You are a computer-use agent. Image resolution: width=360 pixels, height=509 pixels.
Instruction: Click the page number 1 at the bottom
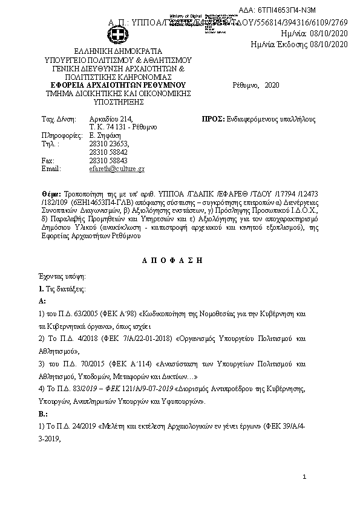pos(304,478)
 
